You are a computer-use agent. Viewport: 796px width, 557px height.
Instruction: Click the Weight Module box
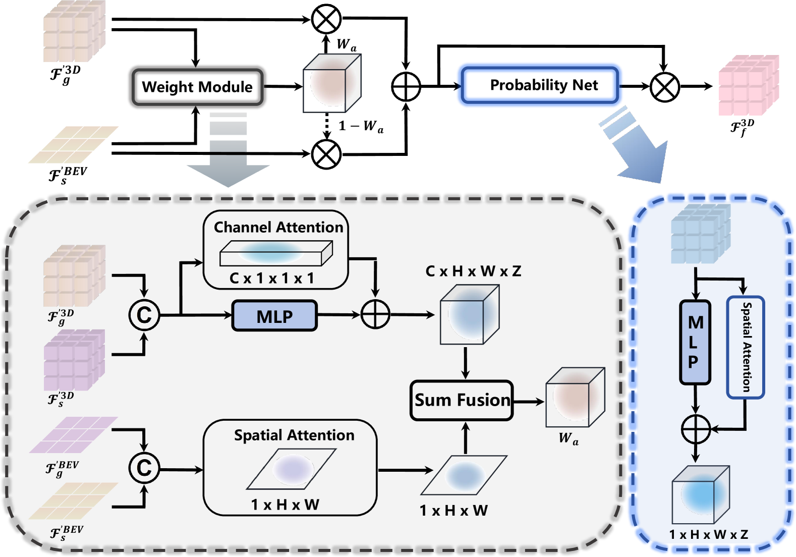[197, 87]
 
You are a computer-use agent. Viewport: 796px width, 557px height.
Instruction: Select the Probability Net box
[540, 85]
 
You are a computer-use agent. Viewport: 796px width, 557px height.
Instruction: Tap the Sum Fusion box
[462, 401]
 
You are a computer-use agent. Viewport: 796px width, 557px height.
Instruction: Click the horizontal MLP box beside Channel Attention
[274, 316]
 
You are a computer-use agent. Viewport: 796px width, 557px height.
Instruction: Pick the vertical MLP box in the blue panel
[695, 342]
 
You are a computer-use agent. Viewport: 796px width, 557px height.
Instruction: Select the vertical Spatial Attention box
[746, 347]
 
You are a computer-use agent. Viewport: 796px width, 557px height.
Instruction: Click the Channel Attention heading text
[278, 228]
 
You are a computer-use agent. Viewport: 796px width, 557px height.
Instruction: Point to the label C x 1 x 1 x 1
[272, 278]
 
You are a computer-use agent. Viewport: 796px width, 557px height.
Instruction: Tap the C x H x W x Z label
[473, 271]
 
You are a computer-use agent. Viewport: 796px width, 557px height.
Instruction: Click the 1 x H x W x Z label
[708, 535]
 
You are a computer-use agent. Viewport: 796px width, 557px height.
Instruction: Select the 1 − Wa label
[361, 126]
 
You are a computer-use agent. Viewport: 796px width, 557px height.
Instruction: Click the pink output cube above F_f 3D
[749, 85]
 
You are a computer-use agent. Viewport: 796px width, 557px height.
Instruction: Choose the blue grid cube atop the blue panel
[701, 234]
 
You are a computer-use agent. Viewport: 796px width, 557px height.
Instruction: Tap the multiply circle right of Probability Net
[665, 87]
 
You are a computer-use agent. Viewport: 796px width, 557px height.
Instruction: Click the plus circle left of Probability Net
[406, 87]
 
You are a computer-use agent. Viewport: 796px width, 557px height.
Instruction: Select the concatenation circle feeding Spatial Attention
[144, 468]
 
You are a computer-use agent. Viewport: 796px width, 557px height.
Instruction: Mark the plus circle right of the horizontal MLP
[376, 314]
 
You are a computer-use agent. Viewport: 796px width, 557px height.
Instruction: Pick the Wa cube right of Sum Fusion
[575, 397]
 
